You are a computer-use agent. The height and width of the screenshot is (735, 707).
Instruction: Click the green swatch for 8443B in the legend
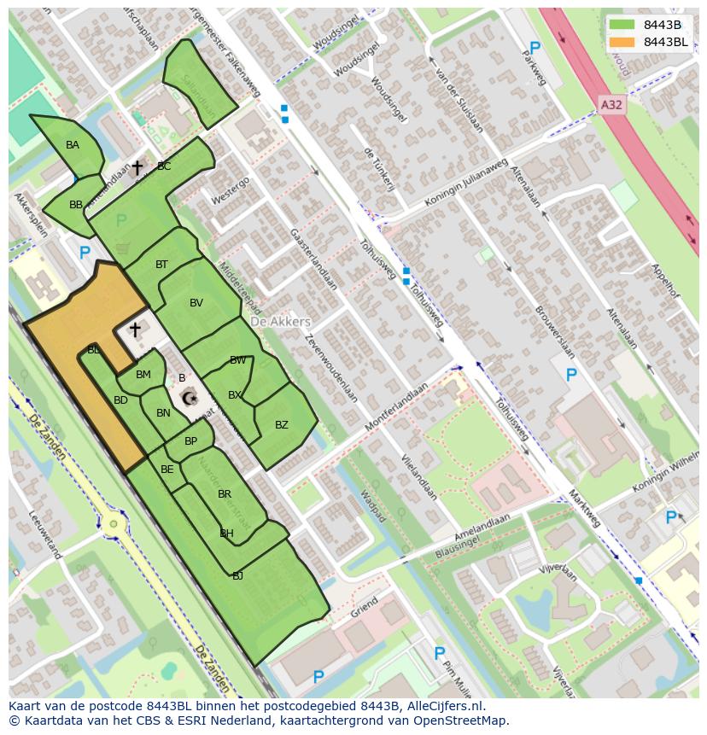(622, 25)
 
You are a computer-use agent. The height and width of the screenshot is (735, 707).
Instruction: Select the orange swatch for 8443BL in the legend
(622, 42)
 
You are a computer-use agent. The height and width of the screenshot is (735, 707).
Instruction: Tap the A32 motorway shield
(611, 104)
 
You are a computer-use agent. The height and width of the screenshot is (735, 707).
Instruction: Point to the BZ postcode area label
(281, 425)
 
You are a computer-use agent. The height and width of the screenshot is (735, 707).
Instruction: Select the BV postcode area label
(196, 303)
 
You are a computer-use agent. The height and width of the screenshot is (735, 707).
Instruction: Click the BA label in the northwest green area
(73, 145)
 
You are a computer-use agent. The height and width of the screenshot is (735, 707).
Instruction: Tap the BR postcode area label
(225, 494)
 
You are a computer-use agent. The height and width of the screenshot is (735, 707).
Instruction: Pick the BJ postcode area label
(237, 576)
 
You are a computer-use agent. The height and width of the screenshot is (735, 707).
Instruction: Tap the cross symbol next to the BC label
(137, 168)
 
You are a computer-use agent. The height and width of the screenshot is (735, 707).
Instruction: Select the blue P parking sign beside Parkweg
(535, 49)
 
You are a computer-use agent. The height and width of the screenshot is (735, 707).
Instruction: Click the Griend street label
(363, 607)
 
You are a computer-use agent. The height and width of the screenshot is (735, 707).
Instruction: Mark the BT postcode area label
(161, 265)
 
